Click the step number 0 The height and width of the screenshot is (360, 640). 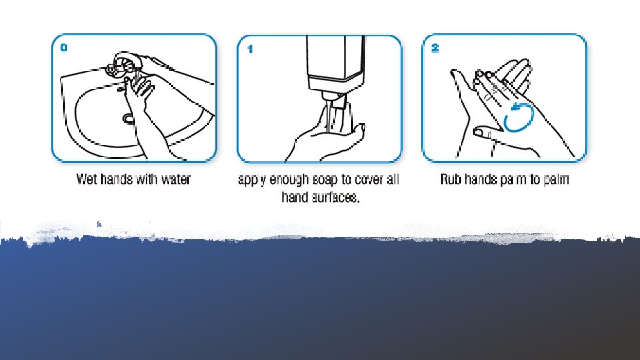tap(64, 47)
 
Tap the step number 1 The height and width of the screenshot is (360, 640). tap(250, 49)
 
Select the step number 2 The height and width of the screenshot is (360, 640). tap(435, 48)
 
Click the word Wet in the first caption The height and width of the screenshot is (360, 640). tap(87, 179)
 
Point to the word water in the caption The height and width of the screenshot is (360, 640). tap(176, 179)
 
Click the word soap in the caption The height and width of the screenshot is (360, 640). tap(325, 179)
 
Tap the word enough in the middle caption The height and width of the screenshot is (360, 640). tap(289, 180)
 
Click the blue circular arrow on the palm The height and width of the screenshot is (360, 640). tap(519, 117)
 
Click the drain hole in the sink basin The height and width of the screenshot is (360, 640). tap(128, 119)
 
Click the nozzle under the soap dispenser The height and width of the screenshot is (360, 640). tap(335, 101)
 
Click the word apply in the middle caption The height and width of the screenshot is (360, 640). tap(252, 180)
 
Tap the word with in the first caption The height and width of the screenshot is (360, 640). tap(147, 179)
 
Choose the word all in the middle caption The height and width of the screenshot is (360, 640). tap(393, 179)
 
